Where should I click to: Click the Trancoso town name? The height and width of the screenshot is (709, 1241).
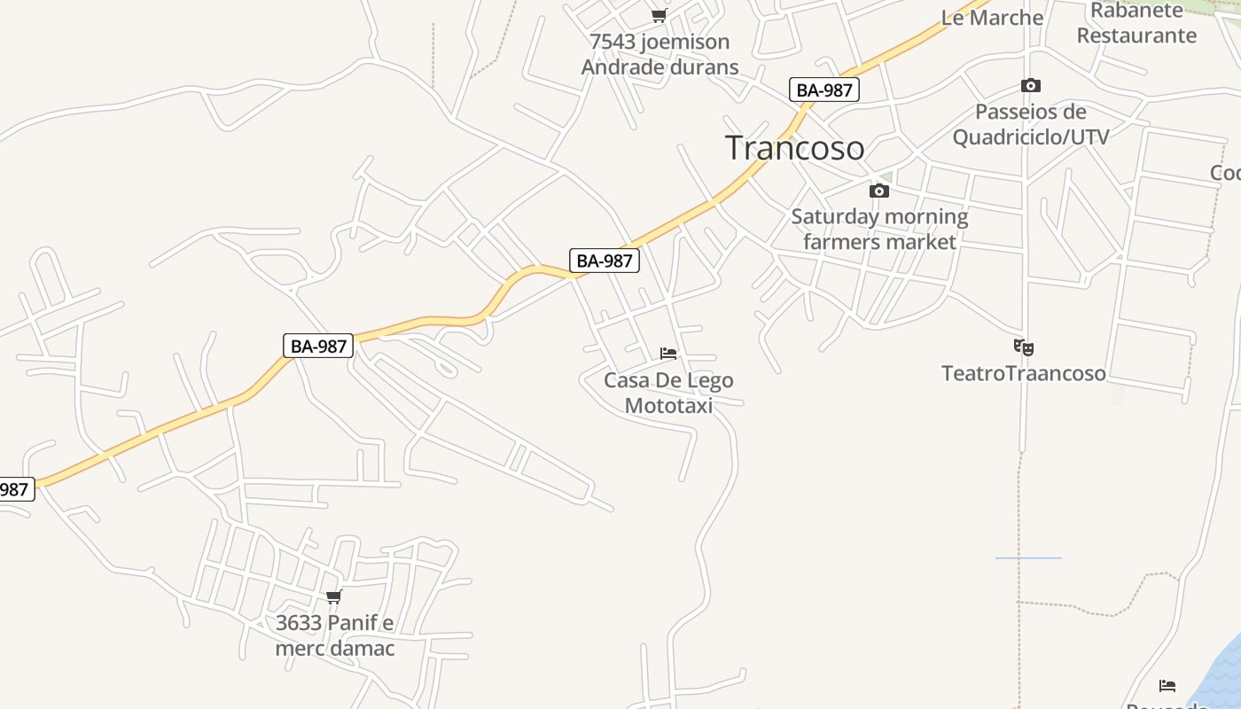coord(794,147)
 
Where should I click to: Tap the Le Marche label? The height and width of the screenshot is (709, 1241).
coord(992,18)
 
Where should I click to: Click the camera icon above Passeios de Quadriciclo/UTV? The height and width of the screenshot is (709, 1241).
coord(1030,86)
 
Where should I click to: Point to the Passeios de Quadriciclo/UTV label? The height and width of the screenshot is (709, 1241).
coord(1030,124)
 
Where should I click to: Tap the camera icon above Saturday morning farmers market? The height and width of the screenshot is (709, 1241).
coord(878,191)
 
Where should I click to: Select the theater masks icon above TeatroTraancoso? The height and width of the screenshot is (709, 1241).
coord(1024,347)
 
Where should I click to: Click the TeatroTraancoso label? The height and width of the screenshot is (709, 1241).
coord(1024,373)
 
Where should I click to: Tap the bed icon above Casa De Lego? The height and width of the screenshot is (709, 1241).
coord(668,354)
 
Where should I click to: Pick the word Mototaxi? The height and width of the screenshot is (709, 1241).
coord(668,406)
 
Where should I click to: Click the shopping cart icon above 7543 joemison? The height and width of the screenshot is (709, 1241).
coord(659,15)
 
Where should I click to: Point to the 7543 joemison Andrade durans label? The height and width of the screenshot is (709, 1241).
coord(660,54)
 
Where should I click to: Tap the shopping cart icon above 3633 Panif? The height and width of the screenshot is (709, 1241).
coord(334,596)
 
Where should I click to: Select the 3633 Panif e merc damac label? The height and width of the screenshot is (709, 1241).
coord(334,635)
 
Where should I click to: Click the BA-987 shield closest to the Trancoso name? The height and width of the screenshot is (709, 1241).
coord(824,90)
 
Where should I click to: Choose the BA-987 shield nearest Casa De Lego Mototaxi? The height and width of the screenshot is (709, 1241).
coord(605,261)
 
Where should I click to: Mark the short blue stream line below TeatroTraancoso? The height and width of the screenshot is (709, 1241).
coord(1028,557)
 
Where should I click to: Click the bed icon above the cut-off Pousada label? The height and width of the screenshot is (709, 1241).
coord(1167,686)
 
